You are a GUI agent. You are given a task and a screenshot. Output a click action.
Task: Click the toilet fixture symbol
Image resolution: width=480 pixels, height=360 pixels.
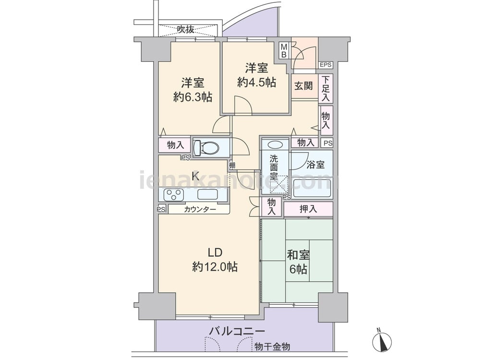click(x=206, y=148)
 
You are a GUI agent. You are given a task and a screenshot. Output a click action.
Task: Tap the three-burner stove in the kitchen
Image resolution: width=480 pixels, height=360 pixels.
click(x=174, y=195)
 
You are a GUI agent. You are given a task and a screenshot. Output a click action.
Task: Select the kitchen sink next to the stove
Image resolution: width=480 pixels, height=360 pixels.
click(x=207, y=195)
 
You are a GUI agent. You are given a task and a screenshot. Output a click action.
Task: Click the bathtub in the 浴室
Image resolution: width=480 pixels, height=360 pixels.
click(x=312, y=188)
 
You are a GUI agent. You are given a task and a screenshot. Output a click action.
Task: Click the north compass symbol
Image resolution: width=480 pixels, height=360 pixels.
click(x=382, y=340)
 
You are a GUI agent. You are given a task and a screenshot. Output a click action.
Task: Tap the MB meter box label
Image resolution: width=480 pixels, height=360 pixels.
click(x=284, y=51)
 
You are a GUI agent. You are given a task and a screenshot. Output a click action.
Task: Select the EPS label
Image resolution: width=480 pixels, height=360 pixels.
click(x=325, y=65)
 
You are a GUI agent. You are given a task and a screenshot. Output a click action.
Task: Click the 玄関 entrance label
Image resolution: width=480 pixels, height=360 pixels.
click(x=304, y=86)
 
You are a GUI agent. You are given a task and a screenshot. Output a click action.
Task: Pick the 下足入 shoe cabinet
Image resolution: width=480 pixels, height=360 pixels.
click(x=325, y=89)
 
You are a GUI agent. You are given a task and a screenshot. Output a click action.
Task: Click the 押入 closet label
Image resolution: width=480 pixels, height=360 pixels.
click(x=308, y=209)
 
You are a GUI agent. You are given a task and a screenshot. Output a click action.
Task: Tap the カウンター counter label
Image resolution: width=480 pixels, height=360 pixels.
click(x=200, y=209)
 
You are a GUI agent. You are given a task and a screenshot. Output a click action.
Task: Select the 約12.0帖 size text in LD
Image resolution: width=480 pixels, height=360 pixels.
click(x=215, y=267)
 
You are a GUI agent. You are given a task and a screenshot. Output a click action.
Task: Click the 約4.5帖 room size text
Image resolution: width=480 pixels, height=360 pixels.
click(x=256, y=83)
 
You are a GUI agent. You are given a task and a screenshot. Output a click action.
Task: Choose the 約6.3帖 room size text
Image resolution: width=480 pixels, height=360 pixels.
click(x=192, y=97)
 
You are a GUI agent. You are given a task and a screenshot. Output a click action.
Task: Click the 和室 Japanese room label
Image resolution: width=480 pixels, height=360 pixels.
click(x=298, y=255)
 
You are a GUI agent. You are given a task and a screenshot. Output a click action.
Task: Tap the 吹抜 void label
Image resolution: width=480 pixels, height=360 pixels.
click(x=185, y=29)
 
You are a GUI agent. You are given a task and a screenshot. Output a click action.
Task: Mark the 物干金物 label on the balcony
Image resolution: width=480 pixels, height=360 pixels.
click(x=272, y=347)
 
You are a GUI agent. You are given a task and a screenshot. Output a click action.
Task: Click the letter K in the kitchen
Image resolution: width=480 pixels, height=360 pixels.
click(x=195, y=176)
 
